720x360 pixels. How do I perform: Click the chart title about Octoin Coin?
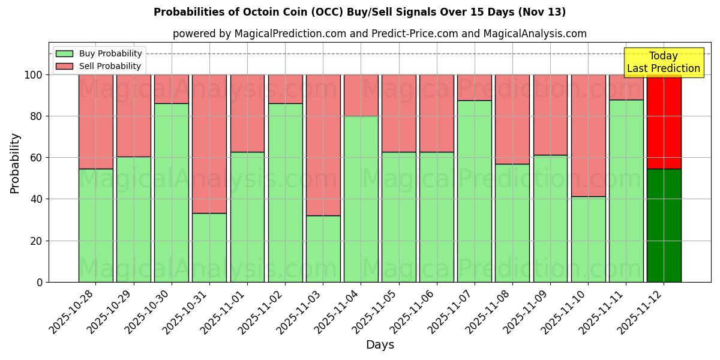359,12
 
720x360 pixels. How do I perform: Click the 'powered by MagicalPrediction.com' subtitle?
379,34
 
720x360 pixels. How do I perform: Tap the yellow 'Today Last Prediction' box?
664,62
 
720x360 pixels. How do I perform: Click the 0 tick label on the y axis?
40,282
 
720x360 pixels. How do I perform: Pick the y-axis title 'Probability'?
15,163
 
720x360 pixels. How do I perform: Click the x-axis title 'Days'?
380,345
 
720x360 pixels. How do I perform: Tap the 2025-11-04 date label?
339,313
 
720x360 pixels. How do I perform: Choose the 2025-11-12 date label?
642,313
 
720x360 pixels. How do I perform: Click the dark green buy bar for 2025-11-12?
664,225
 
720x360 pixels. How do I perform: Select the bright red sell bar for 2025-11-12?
664,122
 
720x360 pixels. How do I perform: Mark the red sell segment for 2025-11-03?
323,145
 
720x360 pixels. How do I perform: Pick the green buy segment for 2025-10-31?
209,247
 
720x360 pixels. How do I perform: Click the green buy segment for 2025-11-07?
475,191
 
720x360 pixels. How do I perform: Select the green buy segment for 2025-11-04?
361,199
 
